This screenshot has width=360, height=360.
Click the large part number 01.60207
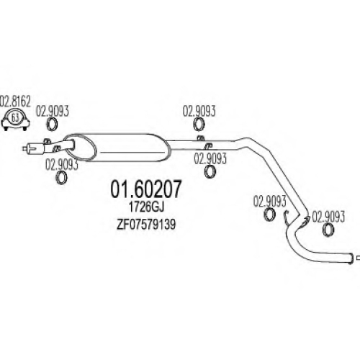click(145, 189)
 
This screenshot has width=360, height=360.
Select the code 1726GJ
click(146, 207)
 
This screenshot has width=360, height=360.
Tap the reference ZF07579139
click(146, 225)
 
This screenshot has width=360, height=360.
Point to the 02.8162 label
click(15, 102)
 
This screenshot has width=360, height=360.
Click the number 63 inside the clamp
click(15, 118)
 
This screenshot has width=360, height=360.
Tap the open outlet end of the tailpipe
click(351, 258)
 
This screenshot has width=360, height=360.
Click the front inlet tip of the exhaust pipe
click(24, 148)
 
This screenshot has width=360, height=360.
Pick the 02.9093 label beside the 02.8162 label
click(53, 112)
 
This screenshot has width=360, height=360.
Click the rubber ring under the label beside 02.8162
click(52, 125)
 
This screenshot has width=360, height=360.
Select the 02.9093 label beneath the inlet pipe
click(62, 165)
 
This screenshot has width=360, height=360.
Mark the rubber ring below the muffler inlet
click(61, 177)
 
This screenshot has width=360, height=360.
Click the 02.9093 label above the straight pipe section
click(199, 112)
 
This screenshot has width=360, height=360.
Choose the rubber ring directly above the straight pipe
click(199, 125)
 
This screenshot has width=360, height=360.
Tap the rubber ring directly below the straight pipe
click(210, 172)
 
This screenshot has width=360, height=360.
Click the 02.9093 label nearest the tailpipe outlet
click(328, 217)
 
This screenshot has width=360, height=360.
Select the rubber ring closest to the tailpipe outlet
click(328, 230)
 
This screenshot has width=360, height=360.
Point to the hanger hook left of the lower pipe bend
click(286, 218)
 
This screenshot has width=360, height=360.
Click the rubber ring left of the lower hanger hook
click(269, 214)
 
